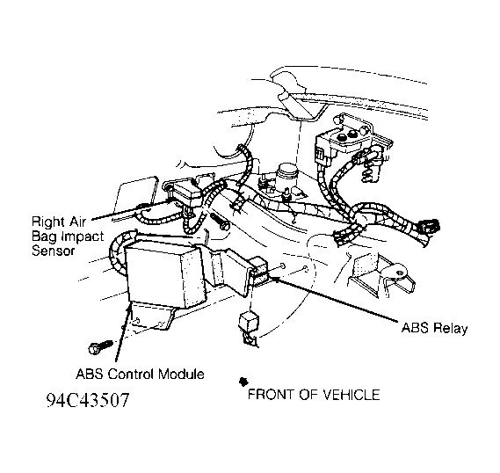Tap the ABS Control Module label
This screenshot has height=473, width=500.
[140, 375]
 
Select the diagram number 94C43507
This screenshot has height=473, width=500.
[89, 404]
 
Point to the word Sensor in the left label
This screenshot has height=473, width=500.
[52, 250]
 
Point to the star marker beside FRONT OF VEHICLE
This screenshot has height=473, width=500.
[241, 382]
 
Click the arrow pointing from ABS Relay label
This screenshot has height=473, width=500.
[334, 300]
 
